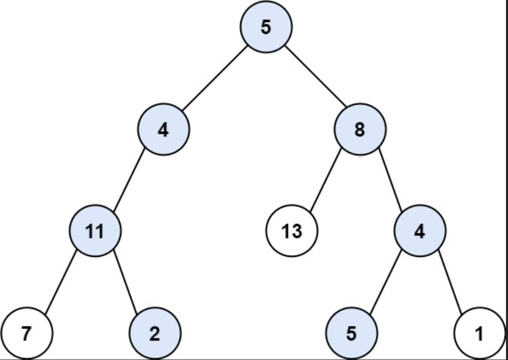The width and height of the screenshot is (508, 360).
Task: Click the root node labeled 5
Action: [266, 27]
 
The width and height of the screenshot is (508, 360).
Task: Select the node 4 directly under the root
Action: [163, 129]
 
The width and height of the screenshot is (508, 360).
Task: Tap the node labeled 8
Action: [360, 129]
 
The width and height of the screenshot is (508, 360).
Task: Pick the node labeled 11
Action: [95, 231]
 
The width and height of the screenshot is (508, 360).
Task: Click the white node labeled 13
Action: [291, 231]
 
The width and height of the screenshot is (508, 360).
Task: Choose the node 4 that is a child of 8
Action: [420, 231]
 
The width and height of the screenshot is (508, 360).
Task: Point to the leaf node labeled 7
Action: [27, 333]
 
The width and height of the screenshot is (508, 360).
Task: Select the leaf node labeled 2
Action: [155, 333]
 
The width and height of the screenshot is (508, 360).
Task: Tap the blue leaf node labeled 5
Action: [352, 333]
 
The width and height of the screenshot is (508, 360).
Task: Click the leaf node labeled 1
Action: [480, 333]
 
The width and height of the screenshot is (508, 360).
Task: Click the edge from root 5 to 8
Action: [316, 76]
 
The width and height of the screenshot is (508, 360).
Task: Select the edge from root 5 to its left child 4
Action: [215, 78]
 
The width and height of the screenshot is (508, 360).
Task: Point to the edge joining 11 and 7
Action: [61, 282]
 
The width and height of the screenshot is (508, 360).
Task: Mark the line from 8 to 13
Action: [325, 181]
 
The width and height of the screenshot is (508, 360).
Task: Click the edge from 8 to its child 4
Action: [390, 180]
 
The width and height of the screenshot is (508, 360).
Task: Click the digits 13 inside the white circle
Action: [291, 231]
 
